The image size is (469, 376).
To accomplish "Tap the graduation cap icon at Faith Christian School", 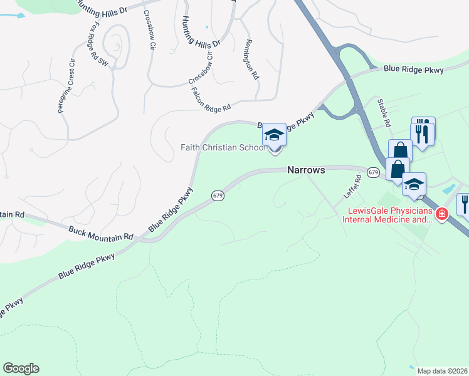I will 274,135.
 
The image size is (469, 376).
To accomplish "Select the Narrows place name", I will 307,170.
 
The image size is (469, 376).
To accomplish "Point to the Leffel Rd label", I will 354,187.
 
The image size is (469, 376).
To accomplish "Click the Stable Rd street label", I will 384,113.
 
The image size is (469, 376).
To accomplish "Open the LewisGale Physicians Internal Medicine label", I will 387,216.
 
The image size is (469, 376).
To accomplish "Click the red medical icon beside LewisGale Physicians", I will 442,214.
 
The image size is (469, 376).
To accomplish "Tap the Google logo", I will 21,368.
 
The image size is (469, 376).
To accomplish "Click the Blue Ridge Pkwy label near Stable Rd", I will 414,69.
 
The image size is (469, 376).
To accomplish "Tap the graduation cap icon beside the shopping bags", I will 414,184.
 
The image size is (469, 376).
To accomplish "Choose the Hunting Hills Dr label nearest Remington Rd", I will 201,31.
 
